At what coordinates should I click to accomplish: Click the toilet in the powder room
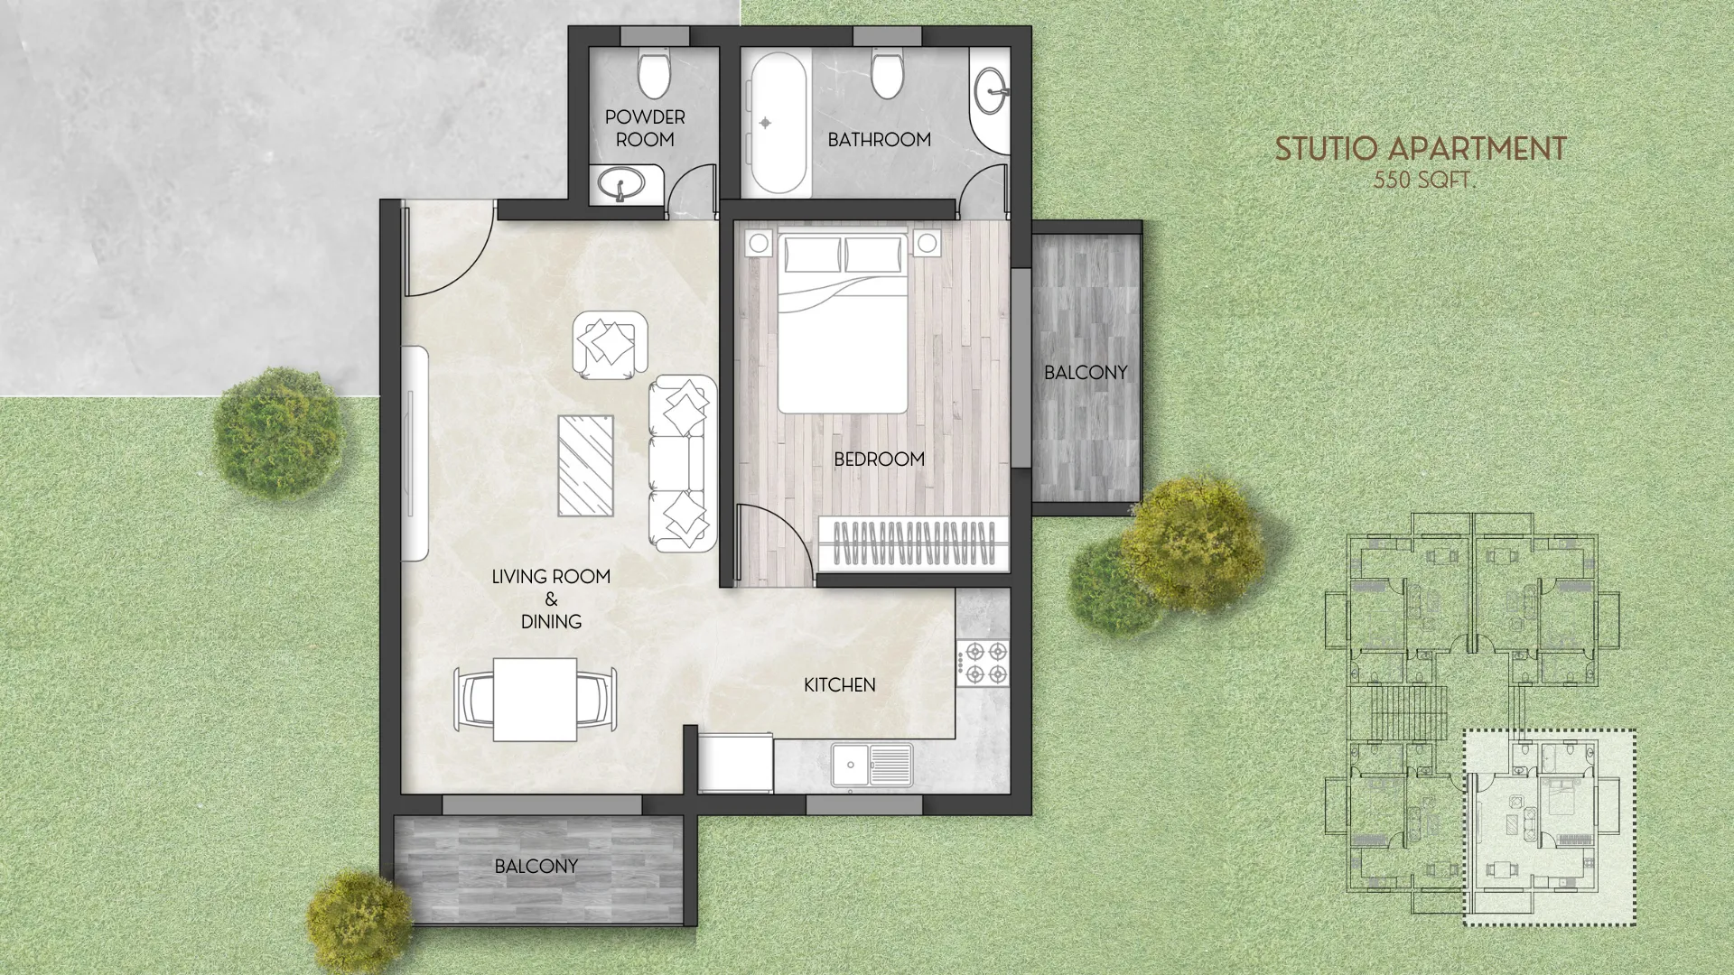tap(653, 73)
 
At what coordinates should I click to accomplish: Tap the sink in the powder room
tap(621, 185)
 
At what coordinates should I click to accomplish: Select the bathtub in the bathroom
tap(778, 124)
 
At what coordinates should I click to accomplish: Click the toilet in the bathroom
tap(887, 75)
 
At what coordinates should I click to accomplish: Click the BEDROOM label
tap(879, 459)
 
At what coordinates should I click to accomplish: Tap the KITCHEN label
tap(839, 685)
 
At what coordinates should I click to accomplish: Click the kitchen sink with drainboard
tap(872, 766)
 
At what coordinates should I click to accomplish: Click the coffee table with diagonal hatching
tap(585, 465)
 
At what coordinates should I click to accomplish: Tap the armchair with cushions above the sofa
tap(611, 344)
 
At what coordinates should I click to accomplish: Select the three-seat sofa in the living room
tap(683, 463)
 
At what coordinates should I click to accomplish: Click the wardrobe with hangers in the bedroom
tap(913, 543)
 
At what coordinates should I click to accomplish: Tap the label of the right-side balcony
tap(1086, 372)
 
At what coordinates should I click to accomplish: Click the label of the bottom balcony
tap(536, 866)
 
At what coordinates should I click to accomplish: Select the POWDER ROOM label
tap(645, 128)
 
